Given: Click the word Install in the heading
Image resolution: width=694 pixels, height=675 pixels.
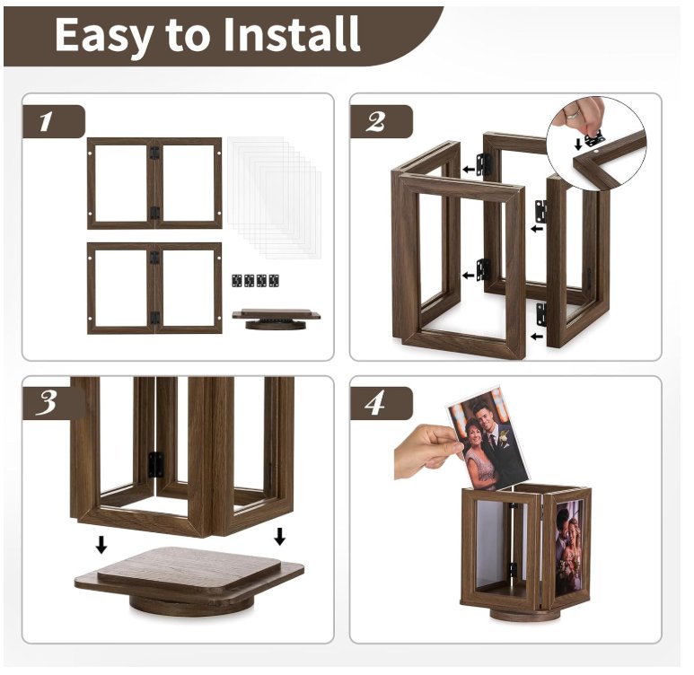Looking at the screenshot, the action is tap(291, 34).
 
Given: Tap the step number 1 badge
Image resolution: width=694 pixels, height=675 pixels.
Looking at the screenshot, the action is tap(53, 121).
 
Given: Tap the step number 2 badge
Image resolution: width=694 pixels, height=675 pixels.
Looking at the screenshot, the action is tap(381, 121).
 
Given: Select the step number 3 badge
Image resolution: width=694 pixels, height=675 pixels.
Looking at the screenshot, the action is tap(53, 403).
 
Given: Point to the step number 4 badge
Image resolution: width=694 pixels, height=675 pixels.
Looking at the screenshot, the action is tap(381, 403).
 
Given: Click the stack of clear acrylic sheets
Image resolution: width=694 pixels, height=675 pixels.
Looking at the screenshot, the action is tap(274, 197).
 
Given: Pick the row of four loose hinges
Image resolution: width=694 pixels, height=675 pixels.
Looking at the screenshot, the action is tap(255, 280).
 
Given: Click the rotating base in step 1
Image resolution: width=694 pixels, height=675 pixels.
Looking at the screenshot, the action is tap(277, 320).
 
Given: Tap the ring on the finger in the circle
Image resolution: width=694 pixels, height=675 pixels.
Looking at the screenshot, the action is tap(573, 114).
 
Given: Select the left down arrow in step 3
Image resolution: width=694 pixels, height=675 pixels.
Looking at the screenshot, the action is tap(101, 545).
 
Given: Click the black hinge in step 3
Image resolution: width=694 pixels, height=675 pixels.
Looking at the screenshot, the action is tap(155, 465).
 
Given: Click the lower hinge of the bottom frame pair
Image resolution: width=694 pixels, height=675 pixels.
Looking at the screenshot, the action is tap(154, 318).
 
